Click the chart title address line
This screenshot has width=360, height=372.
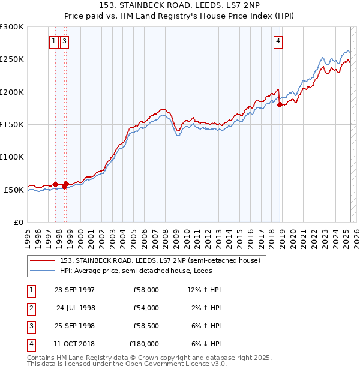coord(180,5)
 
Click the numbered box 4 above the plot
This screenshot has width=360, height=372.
coord(278,41)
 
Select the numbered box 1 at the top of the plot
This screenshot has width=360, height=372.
coord(53,41)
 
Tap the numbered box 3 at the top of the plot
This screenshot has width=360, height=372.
coord(64,41)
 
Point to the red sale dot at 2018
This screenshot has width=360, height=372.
coord(280,106)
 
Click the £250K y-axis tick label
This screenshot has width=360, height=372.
coord(12,59)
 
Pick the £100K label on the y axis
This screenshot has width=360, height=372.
coord(12,157)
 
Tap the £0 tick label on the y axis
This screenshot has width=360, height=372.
coord(18,222)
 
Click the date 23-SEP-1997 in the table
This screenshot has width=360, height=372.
coord(74,290)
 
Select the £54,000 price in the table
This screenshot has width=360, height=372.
coord(146,308)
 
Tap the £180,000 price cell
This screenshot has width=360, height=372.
coord(144,344)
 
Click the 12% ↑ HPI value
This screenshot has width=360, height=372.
coord(205,290)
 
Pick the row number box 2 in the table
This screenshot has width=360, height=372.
coord(30,308)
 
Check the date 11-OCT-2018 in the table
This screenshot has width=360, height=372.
coord(74,344)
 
